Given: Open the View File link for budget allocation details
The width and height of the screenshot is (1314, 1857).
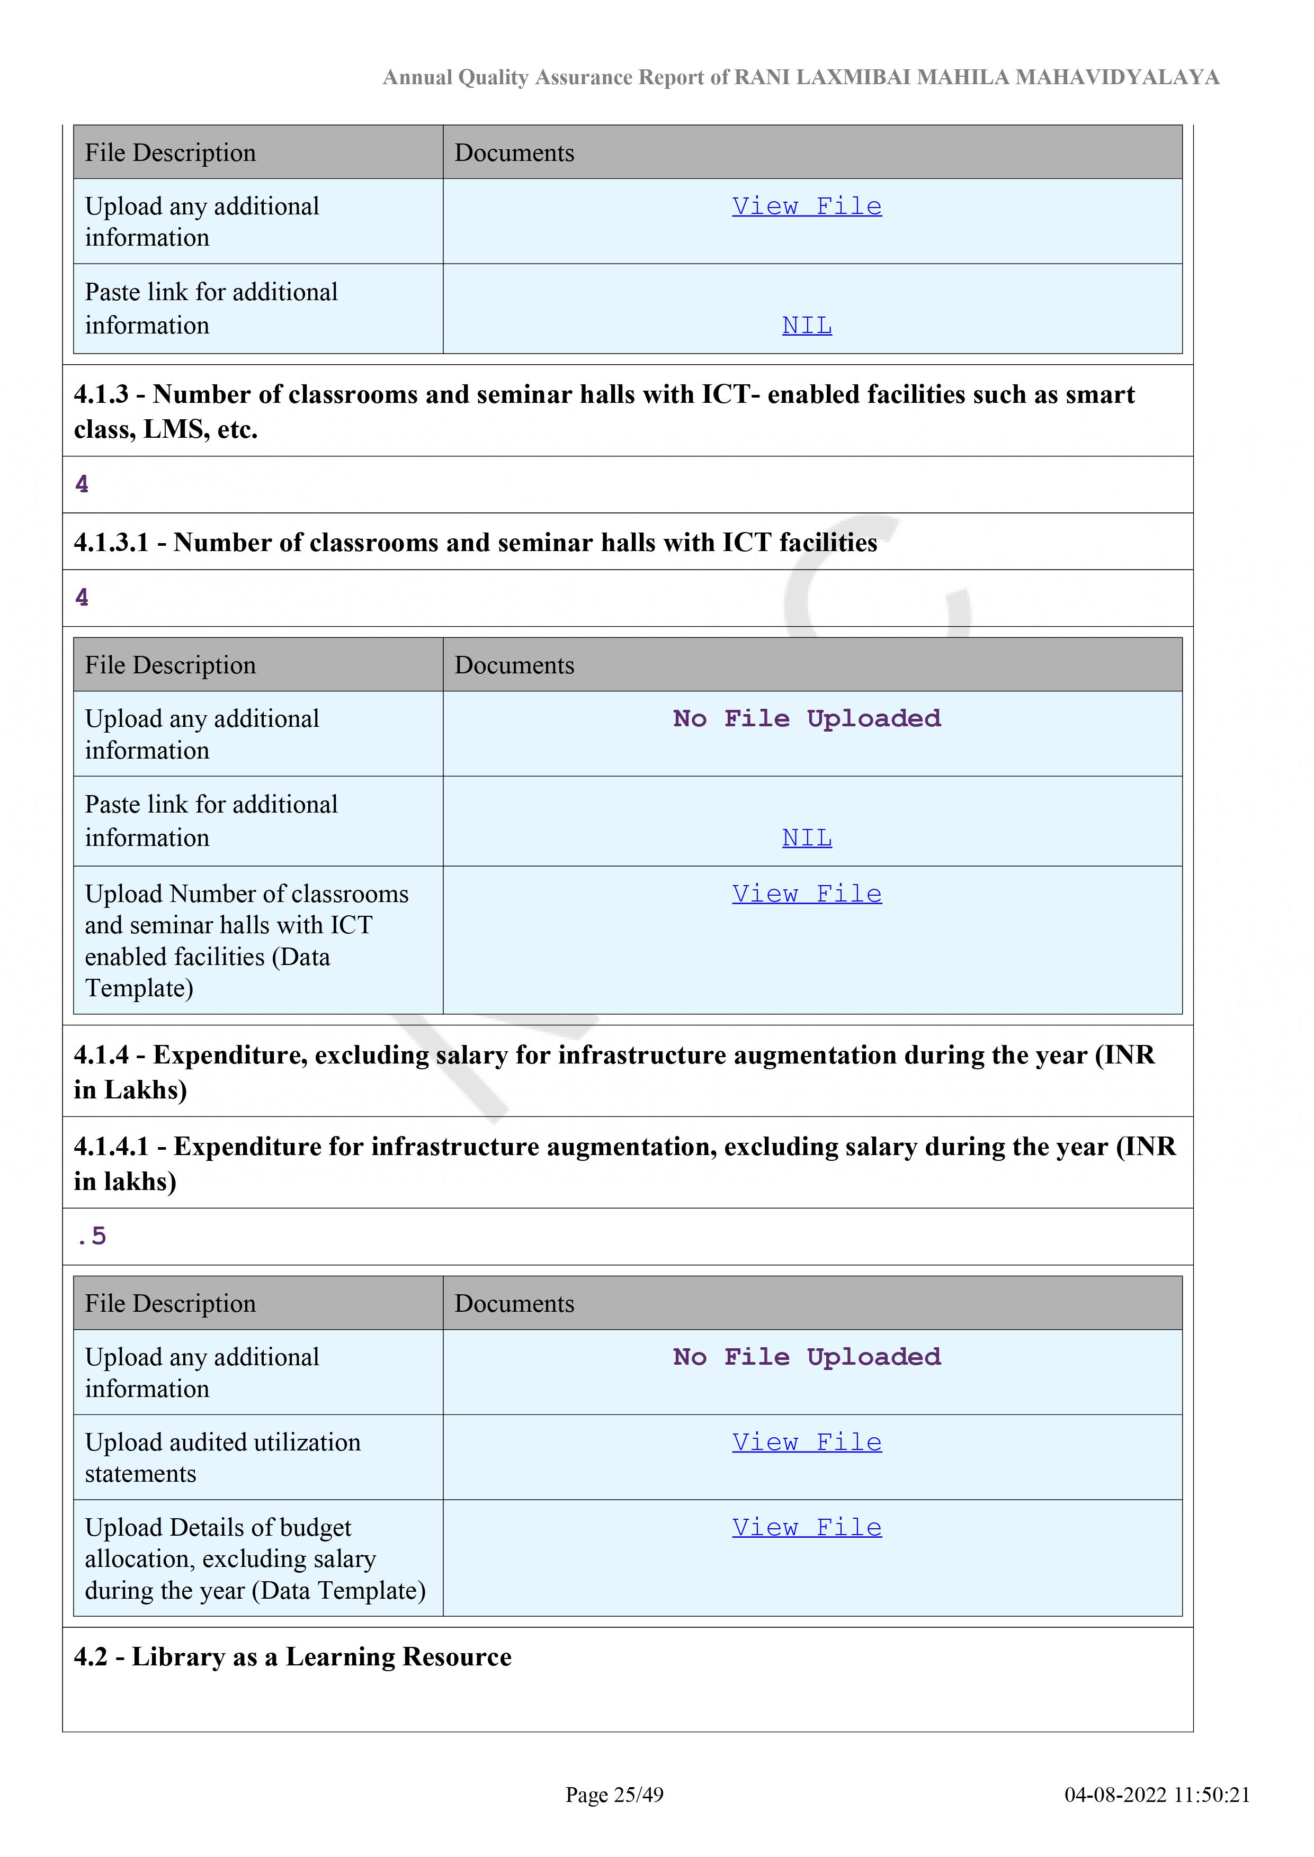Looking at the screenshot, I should pyautogui.click(x=807, y=1527).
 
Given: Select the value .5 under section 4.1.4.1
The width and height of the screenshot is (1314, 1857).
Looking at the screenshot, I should pyautogui.click(x=92, y=1236).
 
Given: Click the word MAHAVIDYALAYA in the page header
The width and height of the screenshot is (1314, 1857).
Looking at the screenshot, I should pyautogui.click(x=1118, y=78).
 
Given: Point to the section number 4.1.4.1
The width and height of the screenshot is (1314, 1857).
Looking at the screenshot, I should pyautogui.click(x=111, y=1147).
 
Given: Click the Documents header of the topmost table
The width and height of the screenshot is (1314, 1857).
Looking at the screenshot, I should pyautogui.click(x=515, y=153).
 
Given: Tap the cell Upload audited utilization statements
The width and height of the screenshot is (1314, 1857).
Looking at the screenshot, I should pyautogui.click(x=222, y=1457).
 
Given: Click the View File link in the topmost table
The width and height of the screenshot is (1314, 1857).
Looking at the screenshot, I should pyautogui.click(x=807, y=206).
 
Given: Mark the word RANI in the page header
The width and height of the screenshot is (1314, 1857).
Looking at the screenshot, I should pyautogui.click(x=762, y=78).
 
